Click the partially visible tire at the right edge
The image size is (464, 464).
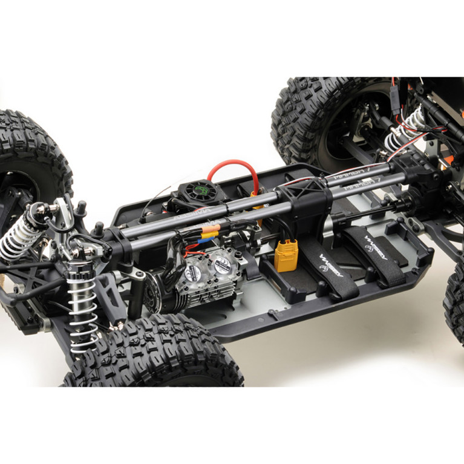455,302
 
